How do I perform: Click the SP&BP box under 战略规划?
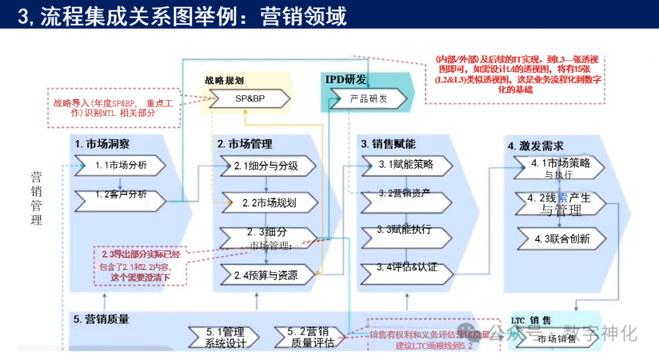[250, 98]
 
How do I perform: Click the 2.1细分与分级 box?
[267, 165]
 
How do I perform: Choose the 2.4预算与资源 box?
[267, 275]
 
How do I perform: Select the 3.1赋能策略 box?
[406, 164]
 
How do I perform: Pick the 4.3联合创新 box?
[562, 238]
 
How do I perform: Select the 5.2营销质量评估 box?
[311, 337]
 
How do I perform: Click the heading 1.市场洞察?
[103, 145]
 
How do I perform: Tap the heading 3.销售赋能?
[388, 145]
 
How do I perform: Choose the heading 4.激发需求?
[536, 146]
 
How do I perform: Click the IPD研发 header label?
[346, 79]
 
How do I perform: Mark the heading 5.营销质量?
[101, 319]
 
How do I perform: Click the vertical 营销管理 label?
[37, 198]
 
